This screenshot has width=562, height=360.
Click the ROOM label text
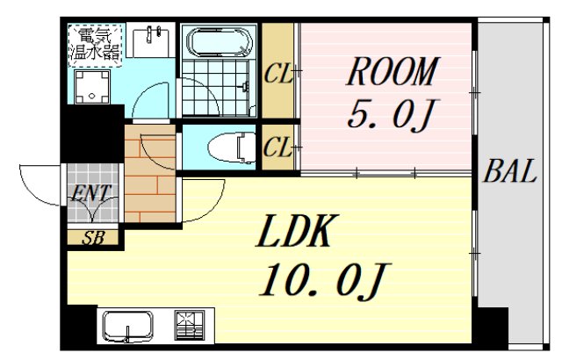(x=393, y=71)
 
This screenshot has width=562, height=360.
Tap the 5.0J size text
(x=391, y=113)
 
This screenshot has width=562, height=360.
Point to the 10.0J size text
(x=324, y=280)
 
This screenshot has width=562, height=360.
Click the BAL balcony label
(x=509, y=171)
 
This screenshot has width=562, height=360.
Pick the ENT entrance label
(x=91, y=193)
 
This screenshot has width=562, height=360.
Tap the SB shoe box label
(x=93, y=238)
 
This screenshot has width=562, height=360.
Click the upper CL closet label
(x=278, y=74)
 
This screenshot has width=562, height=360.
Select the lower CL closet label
(x=277, y=148)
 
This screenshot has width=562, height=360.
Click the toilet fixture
(x=232, y=148)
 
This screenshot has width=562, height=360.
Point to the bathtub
(x=219, y=42)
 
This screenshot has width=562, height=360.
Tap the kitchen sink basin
(x=127, y=326)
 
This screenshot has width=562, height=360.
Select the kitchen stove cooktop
(x=190, y=325)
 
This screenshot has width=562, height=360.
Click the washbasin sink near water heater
(x=150, y=40)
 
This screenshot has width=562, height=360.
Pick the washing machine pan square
(x=92, y=87)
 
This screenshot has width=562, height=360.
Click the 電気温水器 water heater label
(x=96, y=45)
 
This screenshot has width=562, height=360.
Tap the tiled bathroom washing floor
(x=215, y=88)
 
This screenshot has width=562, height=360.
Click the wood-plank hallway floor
(x=150, y=173)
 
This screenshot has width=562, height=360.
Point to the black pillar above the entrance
(x=91, y=133)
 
